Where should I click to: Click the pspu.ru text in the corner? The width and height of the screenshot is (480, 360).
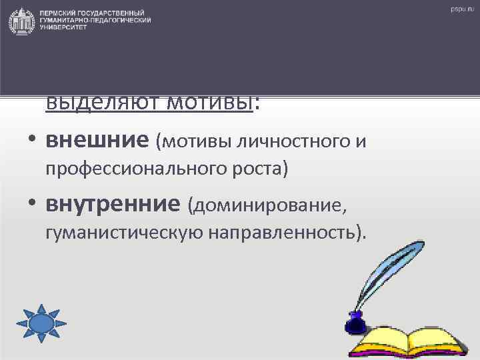[461, 9]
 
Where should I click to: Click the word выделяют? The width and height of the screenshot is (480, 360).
[93, 103]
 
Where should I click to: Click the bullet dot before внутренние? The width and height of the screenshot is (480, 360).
[31, 205]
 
